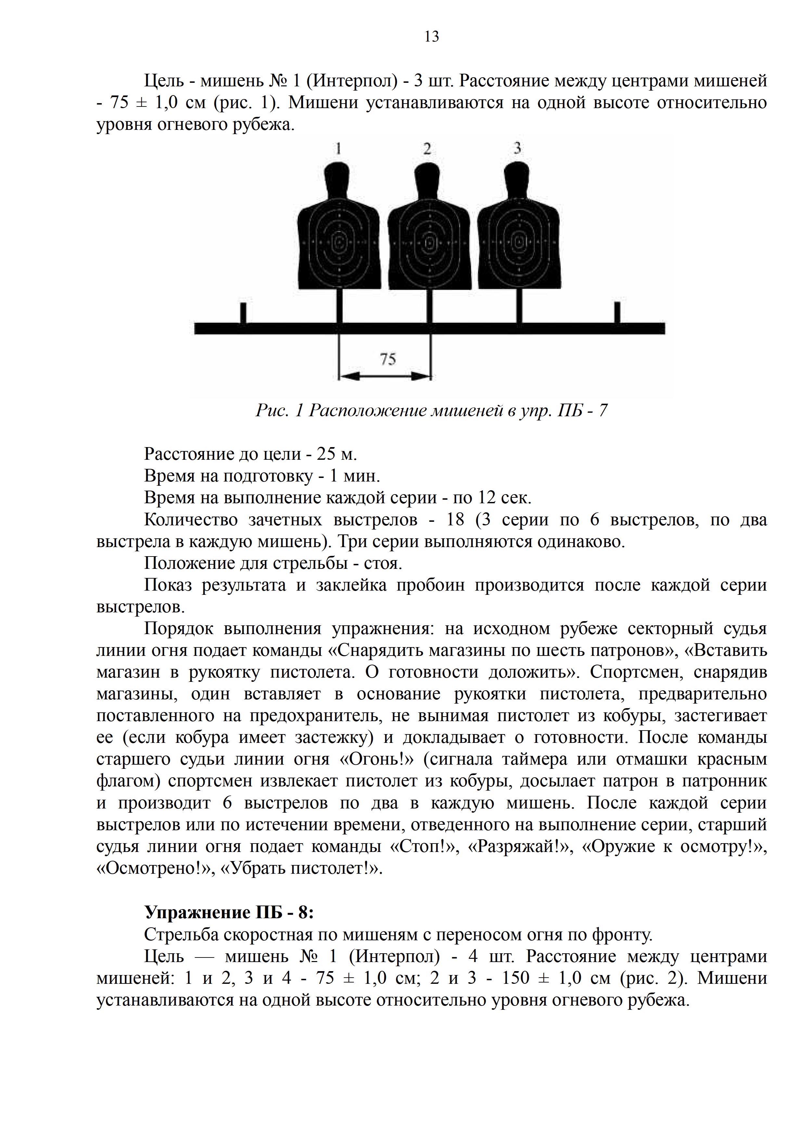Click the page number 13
432,37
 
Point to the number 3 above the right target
517,148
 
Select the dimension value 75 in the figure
388,359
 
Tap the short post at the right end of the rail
617,313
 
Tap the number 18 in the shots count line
455,519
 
